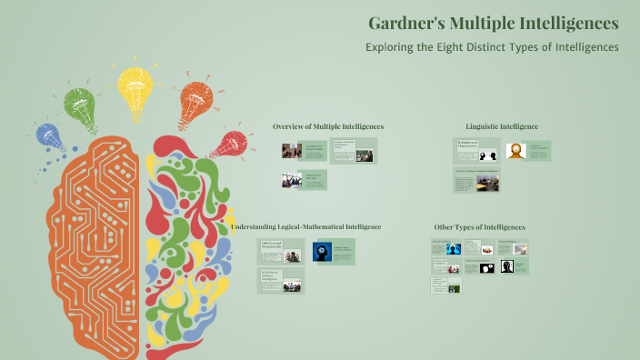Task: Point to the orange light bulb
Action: pos(195,101)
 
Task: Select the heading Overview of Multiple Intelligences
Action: pos(328,126)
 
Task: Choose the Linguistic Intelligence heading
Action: pos(502,126)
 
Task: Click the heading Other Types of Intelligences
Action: pos(480,226)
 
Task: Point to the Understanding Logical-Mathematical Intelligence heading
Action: pos(305,226)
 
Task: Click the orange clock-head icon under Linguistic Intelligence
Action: pos(516,151)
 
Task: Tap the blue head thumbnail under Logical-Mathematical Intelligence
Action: pos(321,252)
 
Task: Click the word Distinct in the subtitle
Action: pos(514,46)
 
